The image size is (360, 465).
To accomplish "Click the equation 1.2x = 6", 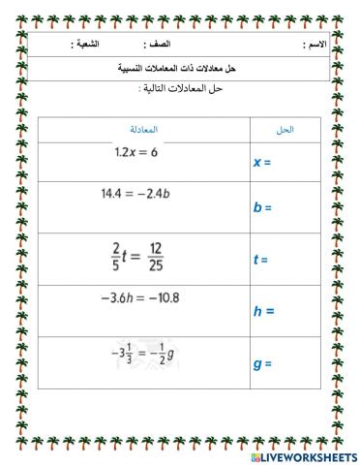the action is pos(135,152).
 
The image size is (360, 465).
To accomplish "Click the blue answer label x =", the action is pos(261,163).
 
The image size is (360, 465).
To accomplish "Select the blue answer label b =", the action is pos(261,207).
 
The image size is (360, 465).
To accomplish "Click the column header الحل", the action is pos(285,129).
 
